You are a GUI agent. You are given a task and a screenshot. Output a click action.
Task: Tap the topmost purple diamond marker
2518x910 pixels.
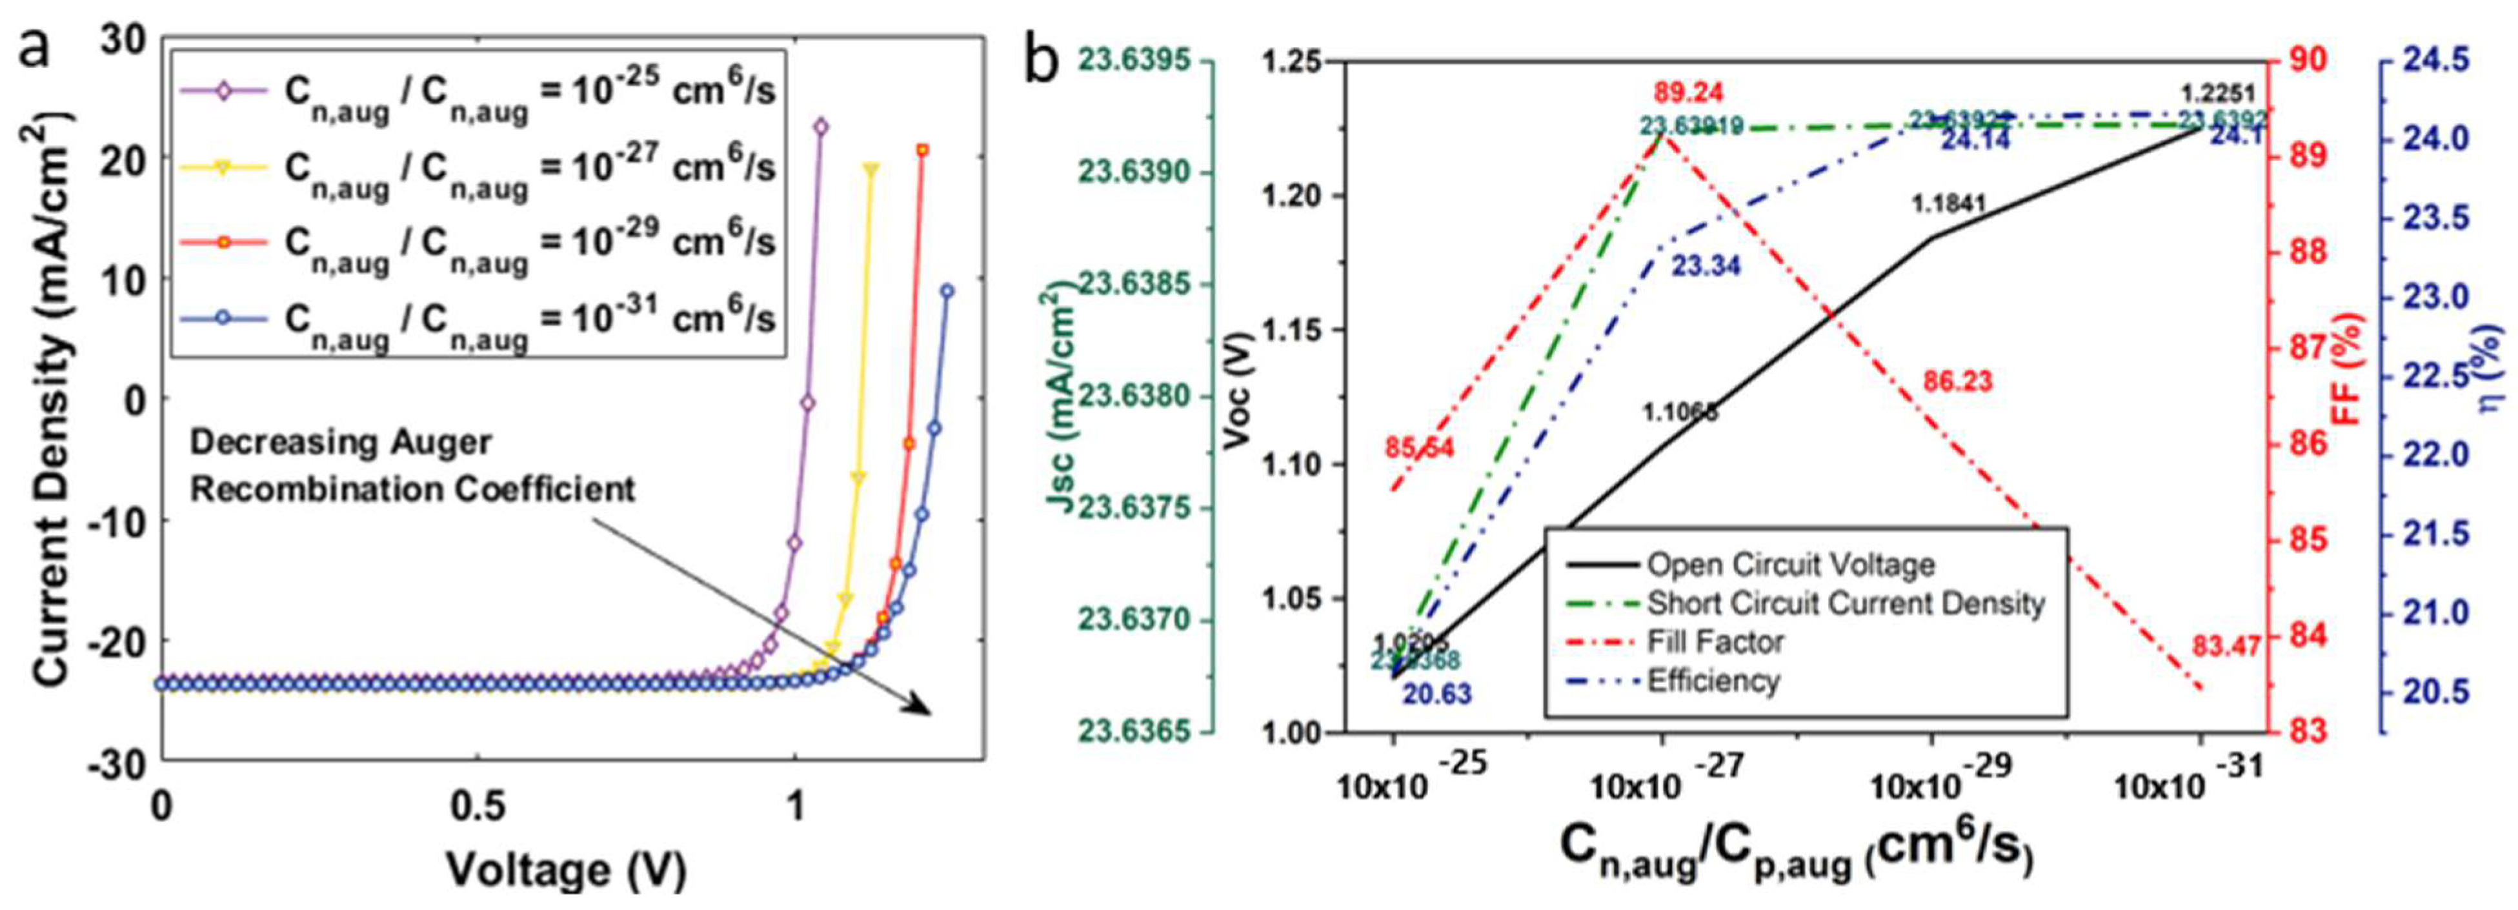click(820, 126)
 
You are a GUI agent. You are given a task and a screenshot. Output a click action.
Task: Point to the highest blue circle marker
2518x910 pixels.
click(946, 291)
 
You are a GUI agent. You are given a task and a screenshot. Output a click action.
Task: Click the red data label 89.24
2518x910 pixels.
click(1688, 93)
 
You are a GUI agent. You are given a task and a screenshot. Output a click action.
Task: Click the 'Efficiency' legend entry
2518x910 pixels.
click(1713, 680)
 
